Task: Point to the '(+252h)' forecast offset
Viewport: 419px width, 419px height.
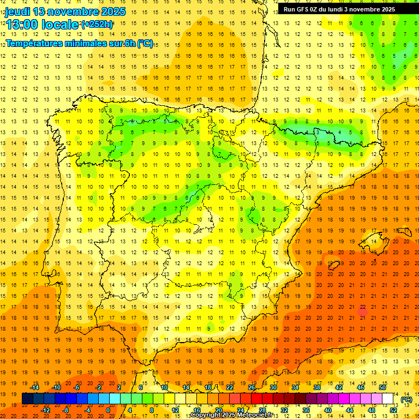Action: pyautogui.click(x=97, y=25)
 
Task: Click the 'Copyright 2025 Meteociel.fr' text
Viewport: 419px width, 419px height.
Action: pyautogui.click(x=231, y=415)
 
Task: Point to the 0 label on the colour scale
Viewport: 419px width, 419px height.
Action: pyautogui.click(x=108, y=410)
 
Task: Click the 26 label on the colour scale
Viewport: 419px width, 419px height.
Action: pyautogui.click(x=252, y=388)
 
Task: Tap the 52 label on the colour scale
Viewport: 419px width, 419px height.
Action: pyautogui.click(x=393, y=410)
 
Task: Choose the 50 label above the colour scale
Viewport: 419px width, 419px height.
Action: pyautogui.click(x=382, y=388)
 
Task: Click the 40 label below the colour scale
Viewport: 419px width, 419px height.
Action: pyautogui.click(x=328, y=410)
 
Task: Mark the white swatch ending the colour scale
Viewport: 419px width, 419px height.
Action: pyautogui.click(x=388, y=399)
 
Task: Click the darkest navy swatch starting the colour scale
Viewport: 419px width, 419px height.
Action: pyautogui.click(x=27, y=399)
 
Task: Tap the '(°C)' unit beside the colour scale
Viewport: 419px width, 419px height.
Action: pyautogui.click(x=406, y=399)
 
